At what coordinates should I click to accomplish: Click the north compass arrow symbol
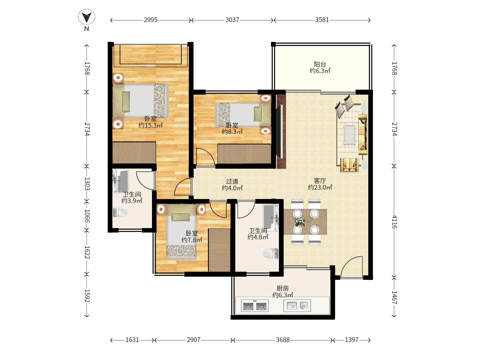pyautogui.click(x=87, y=17)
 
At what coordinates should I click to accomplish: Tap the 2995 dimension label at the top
pyautogui.click(x=151, y=20)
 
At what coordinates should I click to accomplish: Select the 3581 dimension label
pyautogui.click(x=322, y=20)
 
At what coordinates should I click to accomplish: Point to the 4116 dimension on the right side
pyautogui.click(x=394, y=222)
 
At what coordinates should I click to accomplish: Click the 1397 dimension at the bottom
pyautogui.click(x=352, y=340)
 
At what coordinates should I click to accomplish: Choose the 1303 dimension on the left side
pyautogui.click(x=87, y=184)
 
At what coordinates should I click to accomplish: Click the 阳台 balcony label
pyautogui.click(x=320, y=64)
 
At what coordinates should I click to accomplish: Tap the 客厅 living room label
pyautogui.click(x=320, y=181)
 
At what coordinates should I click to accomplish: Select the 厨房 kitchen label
pyautogui.click(x=283, y=288)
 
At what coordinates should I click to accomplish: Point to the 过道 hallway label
pyautogui.click(x=232, y=181)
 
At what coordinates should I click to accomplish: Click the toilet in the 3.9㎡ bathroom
pyautogui.click(x=120, y=212)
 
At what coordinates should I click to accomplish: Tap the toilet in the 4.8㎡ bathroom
pyautogui.click(x=271, y=254)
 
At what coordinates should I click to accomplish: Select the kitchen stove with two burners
pyautogui.click(x=255, y=306)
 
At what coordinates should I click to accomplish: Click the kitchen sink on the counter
pyautogui.click(x=297, y=305)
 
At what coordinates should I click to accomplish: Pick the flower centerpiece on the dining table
pyautogui.click(x=300, y=222)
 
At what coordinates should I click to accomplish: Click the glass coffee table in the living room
pyautogui.click(x=349, y=135)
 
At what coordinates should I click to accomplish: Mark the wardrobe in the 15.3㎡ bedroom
pyautogui.click(x=134, y=153)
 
